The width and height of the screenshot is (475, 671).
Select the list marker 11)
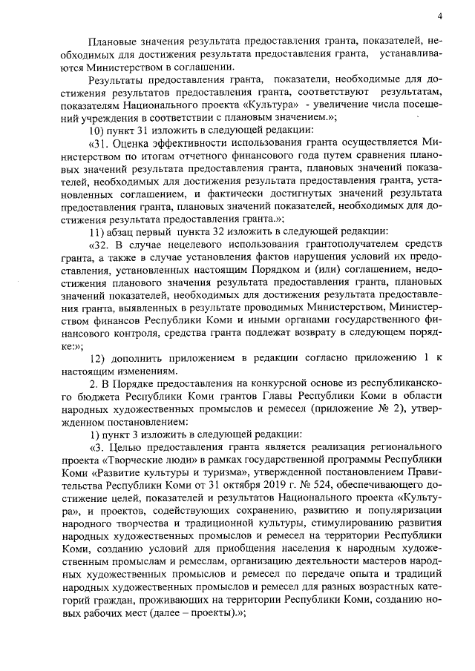[96, 230]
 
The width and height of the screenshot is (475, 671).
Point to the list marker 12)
[96, 360]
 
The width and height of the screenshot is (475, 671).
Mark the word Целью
[126, 448]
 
